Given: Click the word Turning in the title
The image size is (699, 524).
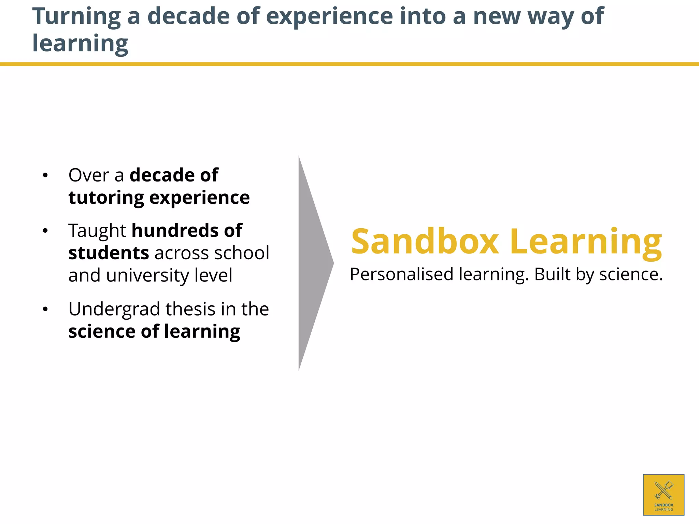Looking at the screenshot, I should click(x=76, y=16).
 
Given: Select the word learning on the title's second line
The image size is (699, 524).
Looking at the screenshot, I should click(x=80, y=44).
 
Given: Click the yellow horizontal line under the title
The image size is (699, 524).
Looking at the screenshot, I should click(x=349, y=64).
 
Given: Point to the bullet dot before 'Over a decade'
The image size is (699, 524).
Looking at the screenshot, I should click(x=45, y=176).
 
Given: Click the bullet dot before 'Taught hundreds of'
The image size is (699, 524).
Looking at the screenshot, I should click(x=45, y=231).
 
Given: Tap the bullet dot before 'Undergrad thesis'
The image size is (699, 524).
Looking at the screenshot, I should click(x=45, y=310).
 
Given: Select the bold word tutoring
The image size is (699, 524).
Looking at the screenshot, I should click(x=106, y=198).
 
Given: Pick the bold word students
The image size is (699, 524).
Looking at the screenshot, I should click(x=109, y=253).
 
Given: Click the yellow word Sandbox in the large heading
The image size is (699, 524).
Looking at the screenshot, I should click(x=425, y=242).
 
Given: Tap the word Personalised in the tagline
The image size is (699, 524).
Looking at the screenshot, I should click(x=401, y=274).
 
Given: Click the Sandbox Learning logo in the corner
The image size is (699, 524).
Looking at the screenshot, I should click(x=664, y=495).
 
